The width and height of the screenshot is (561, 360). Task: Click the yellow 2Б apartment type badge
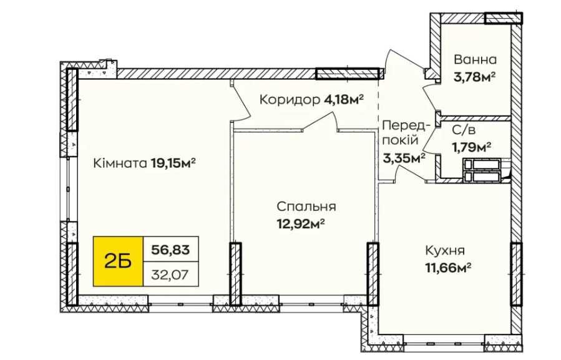[118, 261]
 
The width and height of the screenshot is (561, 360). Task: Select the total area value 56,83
[170, 251]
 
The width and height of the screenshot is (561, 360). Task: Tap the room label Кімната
[119, 164]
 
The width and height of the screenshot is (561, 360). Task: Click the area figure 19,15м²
[173, 164]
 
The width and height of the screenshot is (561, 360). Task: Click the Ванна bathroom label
[476, 61]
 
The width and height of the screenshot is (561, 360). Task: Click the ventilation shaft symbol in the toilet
[484, 170]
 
